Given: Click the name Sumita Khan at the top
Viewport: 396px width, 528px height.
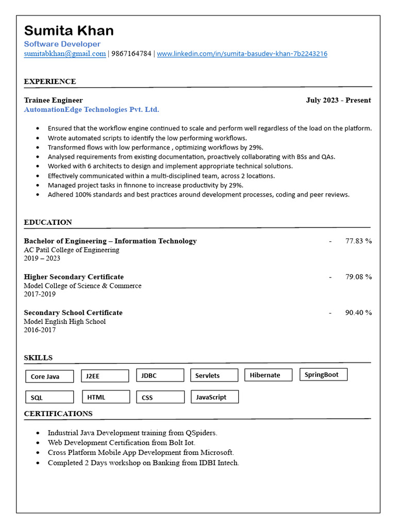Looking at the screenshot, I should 69,30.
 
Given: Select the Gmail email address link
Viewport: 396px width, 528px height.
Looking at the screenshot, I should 64,54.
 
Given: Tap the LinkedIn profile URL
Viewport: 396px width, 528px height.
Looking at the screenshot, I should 242,54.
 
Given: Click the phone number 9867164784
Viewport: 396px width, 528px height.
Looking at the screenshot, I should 131,54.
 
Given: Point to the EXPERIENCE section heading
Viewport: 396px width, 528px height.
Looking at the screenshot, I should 50,81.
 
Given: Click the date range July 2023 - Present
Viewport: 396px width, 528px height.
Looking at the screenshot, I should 338,100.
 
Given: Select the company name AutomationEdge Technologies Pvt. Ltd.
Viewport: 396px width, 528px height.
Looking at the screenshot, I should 91,109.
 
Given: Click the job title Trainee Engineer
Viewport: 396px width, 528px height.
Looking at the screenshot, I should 53,100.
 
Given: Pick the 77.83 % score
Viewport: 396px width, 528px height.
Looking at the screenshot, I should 358,241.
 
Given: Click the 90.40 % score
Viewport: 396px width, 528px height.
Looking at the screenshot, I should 358,312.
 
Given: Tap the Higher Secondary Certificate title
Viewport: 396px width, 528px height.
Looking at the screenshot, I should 74,277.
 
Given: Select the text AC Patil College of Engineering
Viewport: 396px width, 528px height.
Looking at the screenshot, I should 71,250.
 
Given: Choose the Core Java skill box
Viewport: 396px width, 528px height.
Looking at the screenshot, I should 49,376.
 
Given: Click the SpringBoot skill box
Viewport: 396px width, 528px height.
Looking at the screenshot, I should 323,375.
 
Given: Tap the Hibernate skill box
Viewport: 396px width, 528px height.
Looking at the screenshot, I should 268,375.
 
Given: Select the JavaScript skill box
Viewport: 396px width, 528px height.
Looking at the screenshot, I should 214,397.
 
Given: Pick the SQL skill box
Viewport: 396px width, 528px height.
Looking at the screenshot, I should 49,398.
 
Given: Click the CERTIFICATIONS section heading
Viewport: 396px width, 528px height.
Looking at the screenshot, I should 58,414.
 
